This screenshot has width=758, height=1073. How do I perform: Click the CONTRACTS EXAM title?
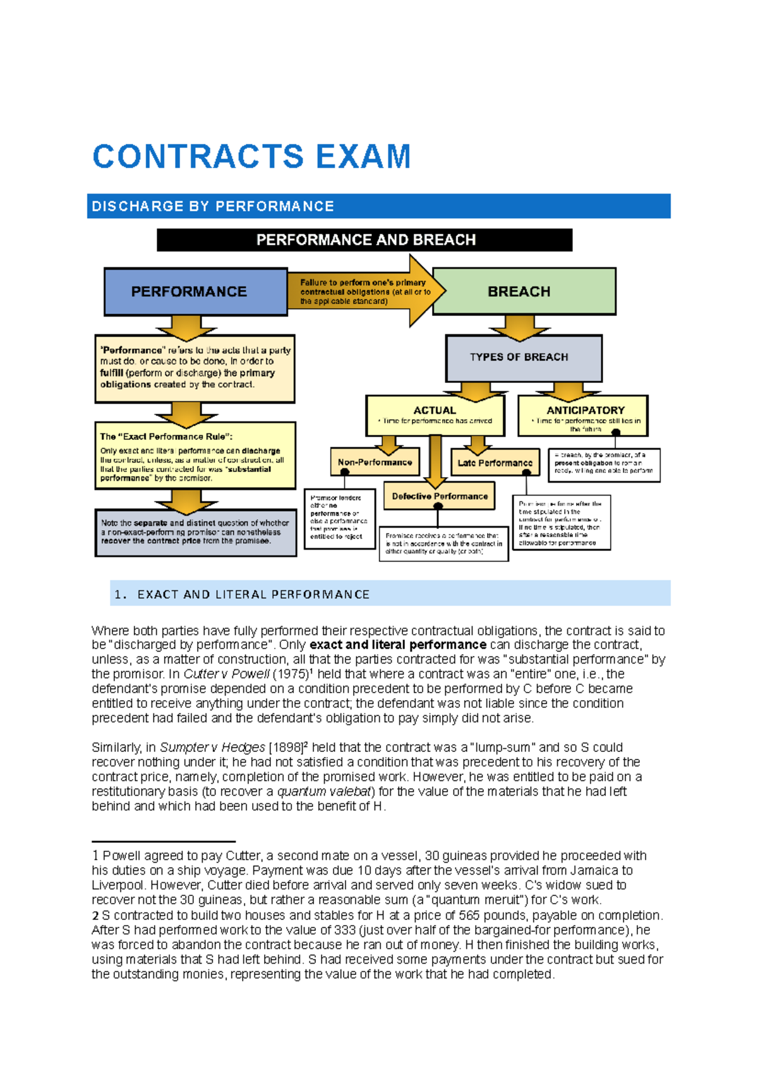pos(251,157)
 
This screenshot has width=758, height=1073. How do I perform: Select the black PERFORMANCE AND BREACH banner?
pos(364,240)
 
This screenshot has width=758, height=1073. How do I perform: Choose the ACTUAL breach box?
pos(435,415)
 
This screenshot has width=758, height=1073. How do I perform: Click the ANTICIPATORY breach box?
pos(583,415)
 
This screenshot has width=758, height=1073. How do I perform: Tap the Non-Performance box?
pos(375,462)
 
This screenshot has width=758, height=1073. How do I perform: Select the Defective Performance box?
pos(439,496)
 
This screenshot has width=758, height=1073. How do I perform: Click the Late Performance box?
pos(495,463)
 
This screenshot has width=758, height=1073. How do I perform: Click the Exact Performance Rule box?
pos(195,456)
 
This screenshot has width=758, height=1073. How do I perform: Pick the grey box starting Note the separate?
pos(195,532)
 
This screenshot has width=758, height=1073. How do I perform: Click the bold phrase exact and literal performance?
pos(398,645)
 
